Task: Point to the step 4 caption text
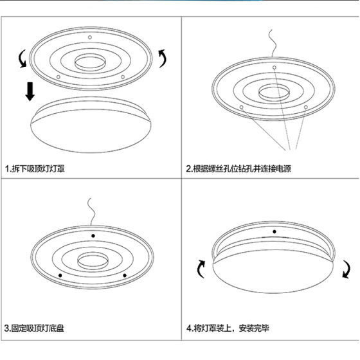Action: tap(228, 329)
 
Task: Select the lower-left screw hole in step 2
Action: tap(241, 107)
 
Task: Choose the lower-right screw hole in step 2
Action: tap(307, 106)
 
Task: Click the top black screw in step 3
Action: tap(91, 236)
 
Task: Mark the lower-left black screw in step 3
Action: tap(60, 276)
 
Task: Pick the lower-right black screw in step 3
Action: tap(125, 275)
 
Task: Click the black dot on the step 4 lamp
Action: tap(274, 231)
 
